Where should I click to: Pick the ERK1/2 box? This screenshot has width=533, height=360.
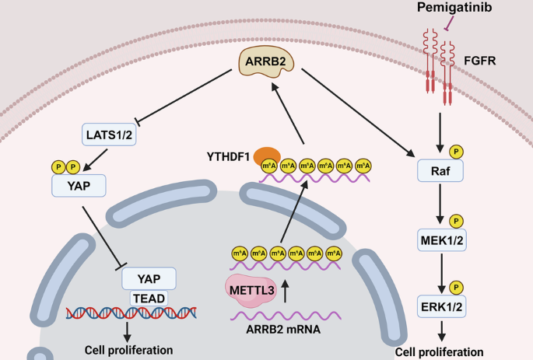[x=440, y=307]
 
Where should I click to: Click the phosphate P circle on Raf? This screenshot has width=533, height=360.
[x=456, y=150]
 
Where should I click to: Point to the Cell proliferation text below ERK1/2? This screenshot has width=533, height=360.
[x=440, y=351]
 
